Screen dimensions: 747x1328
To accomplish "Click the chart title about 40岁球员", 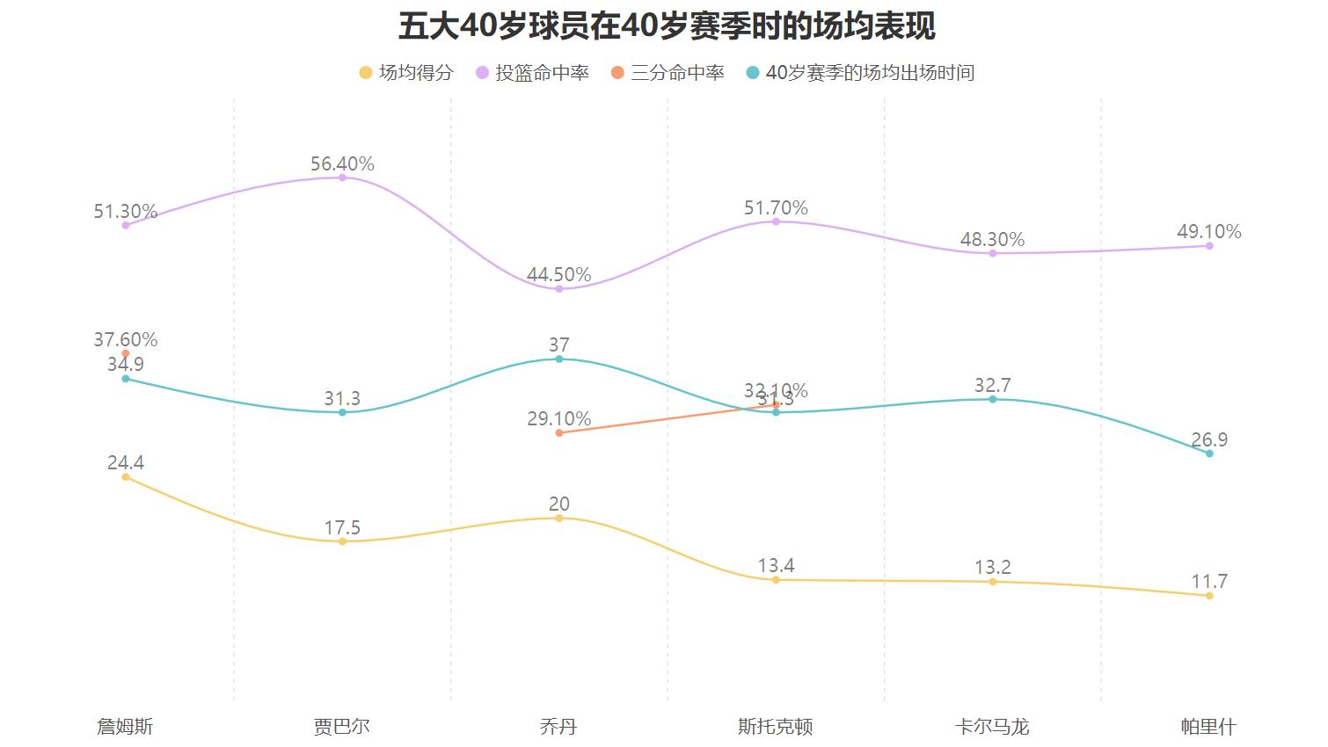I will pyautogui.click(x=666, y=26).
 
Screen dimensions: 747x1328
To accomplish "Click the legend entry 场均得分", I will pyautogui.click(x=406, y=73).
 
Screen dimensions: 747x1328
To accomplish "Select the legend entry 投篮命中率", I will pyautogui.click(x=532, y=73).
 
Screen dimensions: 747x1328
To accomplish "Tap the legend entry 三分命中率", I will pyautogui.click(x=668, y=73).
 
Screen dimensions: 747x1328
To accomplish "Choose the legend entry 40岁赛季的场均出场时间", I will pyautogui.click(x=860, y=73).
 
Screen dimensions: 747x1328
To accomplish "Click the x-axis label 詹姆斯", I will pyautogui.click(x=125, y=727).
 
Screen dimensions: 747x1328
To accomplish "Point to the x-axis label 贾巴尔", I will pyautogui.click(x=342, y=727).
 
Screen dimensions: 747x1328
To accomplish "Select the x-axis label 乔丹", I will pyautogui.click(x=558, y=727).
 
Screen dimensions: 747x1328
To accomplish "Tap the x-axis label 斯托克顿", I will pyautogui.click(x=776, y=727).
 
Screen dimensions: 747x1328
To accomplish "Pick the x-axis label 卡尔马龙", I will pyautogui.click(x=992, y=727).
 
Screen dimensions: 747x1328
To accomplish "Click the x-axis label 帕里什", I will pyautogui.click(x=1208, y=727).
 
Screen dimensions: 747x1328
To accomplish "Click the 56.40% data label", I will pyautogui.click(x=342, y=163).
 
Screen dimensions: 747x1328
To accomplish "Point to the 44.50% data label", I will pyautogui.click(x=558, y=275).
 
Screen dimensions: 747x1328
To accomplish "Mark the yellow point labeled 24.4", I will pyautogui.click(x=126, y=477).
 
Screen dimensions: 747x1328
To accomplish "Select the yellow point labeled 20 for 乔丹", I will pyautogui.click(x=559, y=519).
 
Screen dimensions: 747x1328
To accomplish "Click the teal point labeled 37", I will pyautogui.click(x=559, y=359).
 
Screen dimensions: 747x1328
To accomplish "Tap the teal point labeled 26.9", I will pyautogui.click(x=1209, y=453).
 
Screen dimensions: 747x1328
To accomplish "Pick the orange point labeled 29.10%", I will pyautogui.click(x=559, y=433).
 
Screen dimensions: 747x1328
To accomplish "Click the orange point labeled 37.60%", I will pyautogui.click(x=126, y=353).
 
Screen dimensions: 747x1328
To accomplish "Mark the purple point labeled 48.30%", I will pyautogui.click(x=993, y=253).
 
